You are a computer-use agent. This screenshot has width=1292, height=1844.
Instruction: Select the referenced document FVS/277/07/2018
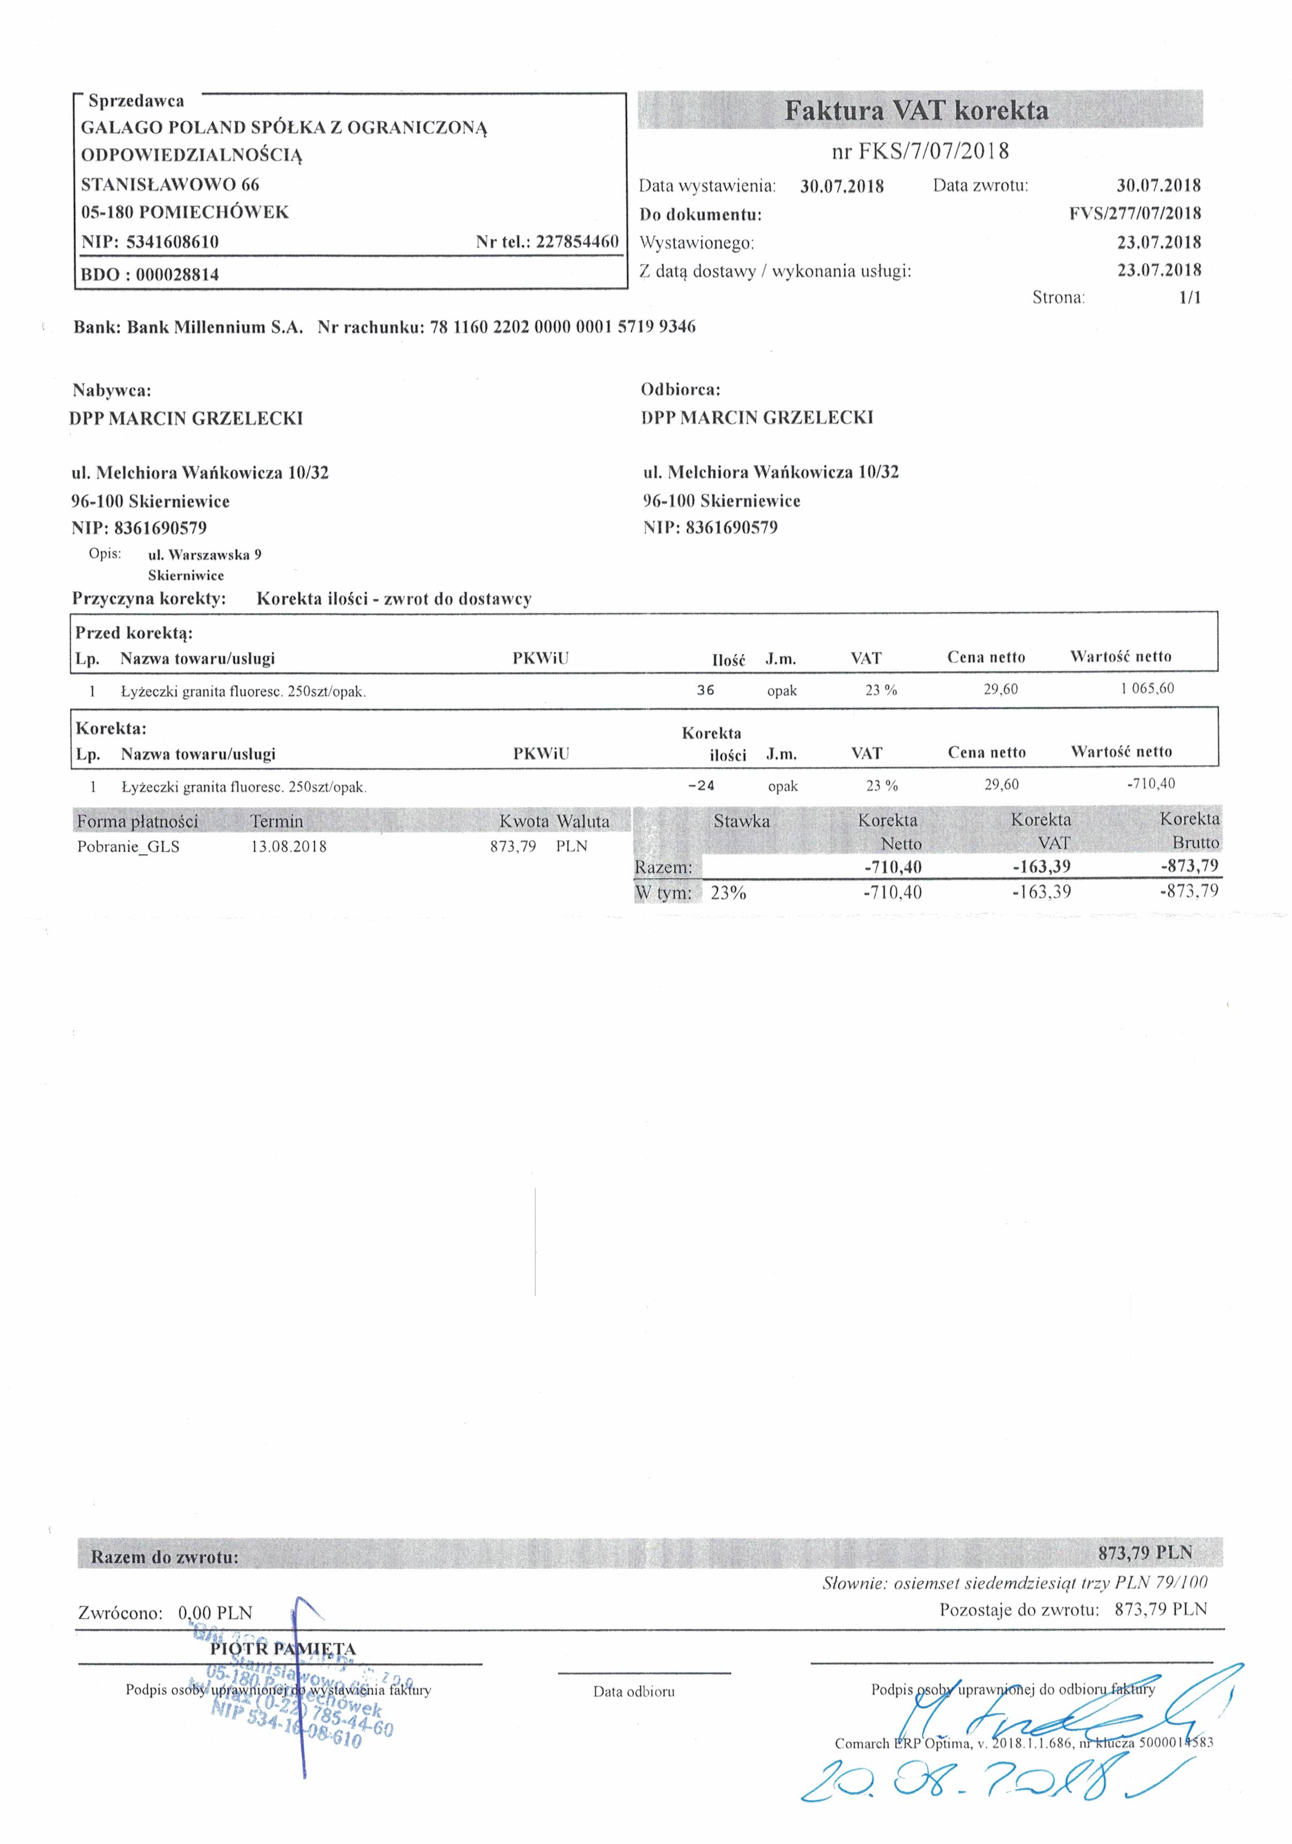click(x=1135, y=214)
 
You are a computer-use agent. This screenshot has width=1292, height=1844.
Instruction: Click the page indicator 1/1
click(x=1189, y=298)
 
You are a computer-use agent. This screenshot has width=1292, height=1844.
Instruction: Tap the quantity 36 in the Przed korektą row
click(x=705, y=690)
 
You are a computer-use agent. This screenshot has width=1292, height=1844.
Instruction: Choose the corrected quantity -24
click(x=701, y=785)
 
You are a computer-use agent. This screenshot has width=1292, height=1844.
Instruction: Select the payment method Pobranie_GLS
click(x=129, y=847)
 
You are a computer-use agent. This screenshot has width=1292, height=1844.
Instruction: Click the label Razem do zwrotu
click(x=165, y=1558)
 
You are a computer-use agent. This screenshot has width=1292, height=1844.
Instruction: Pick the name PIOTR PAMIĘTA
click(x=283, y=1649)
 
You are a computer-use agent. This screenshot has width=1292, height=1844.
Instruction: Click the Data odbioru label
click(x=633, y=1692)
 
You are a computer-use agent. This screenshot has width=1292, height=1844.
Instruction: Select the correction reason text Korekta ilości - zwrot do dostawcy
click(x=394, y=599)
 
